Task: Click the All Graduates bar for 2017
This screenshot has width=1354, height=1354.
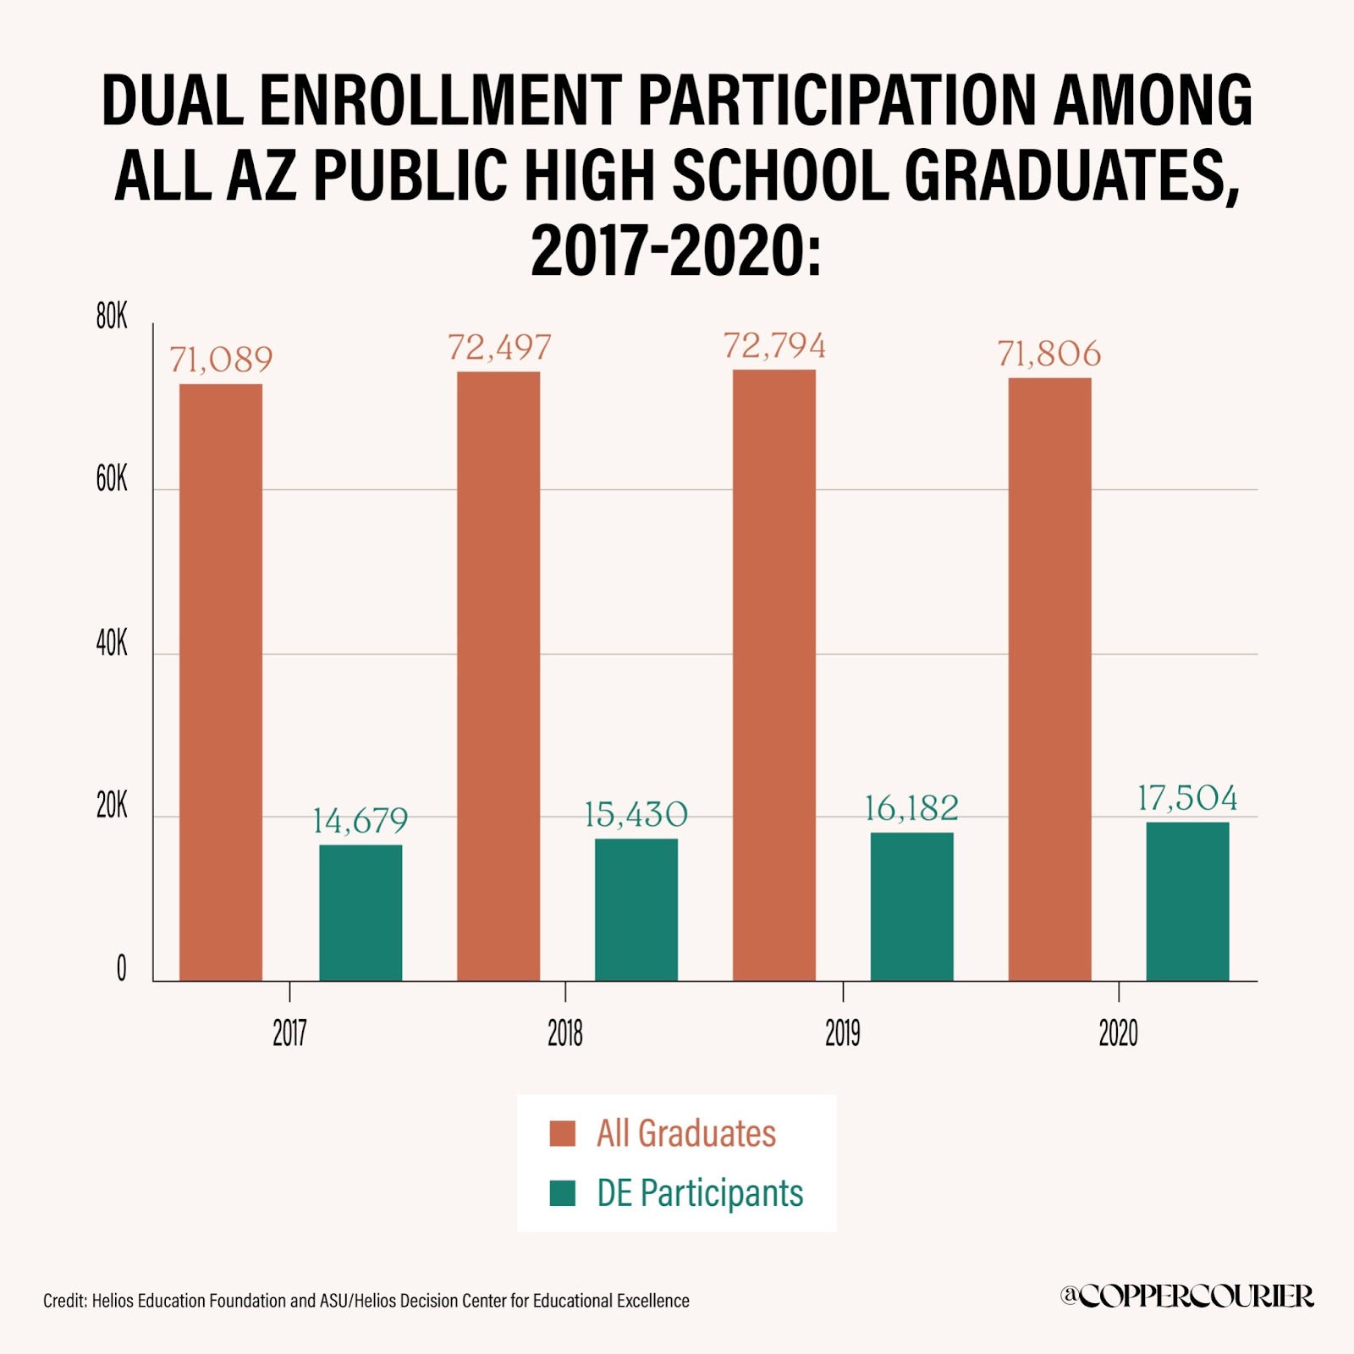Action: pyautogui.click(x=221, y=682)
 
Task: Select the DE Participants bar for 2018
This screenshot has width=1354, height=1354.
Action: pyautogui.click(x=636, y=910)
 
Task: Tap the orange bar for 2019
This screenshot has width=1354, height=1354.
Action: pyautogui.click(x=774, y=675)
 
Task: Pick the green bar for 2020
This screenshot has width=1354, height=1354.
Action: pyautogui.click(x=1187, y=901)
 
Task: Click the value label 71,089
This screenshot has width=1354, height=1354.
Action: pyautogui.click(x=222, y=360)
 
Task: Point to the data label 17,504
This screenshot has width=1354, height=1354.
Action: pyautogui.click(x=1187, y=798)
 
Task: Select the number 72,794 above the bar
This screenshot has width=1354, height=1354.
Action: pyautogui.click(x=774, y=346)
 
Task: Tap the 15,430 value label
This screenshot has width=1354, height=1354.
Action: pyautogui.click(x=636, y=814)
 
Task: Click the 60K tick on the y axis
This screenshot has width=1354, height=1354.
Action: pyautogui.click(x=112, y=480)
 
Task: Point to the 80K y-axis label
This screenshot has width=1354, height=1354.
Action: pyautogui.click(x=112, y=316)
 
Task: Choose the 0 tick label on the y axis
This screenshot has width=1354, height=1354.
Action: pyautogui.click(x=121, y=968)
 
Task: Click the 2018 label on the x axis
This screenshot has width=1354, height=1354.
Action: pyautogui.click(x=565, y=1033)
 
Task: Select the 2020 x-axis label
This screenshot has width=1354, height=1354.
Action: pyautogui.click(x=1118, y=1033)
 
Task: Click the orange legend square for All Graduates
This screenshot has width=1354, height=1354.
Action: pyautogui.click(x=563, y=1133)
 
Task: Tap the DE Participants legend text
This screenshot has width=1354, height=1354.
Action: pyautogui.click(x=700, y=1193)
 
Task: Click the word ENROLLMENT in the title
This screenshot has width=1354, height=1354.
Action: pyautogui.click(x=440, y=100)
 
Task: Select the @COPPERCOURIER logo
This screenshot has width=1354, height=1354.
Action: pyautogui.click(x=1186, y=1296)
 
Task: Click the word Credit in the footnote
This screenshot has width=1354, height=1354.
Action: pyautogui.click(x=64, y=1301)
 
